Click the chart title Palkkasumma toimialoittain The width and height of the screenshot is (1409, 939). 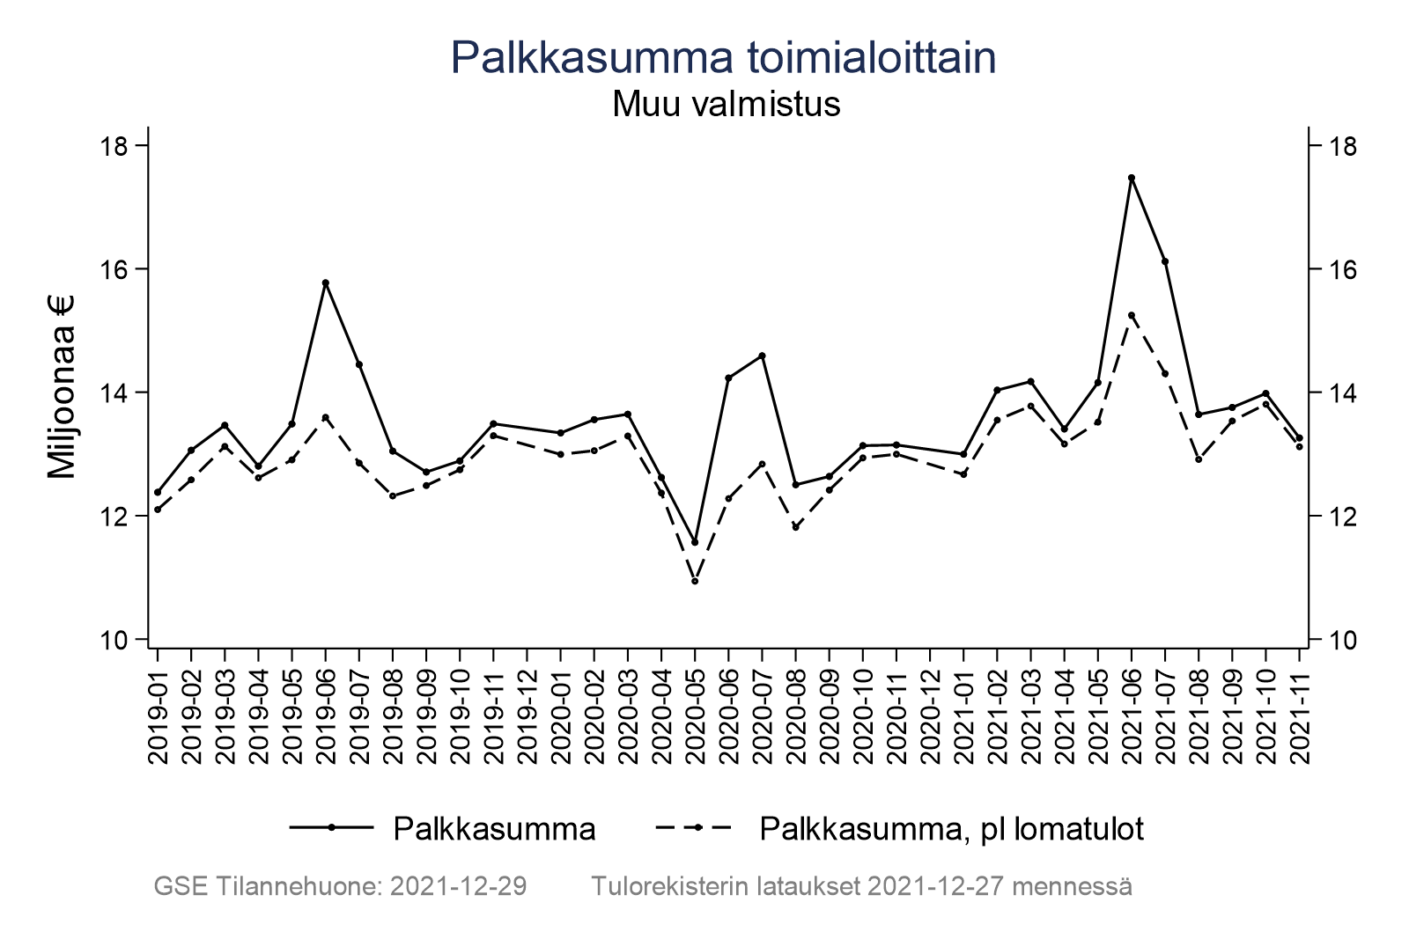tap(723, 58)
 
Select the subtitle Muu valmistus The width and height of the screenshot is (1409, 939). tap(726, 105)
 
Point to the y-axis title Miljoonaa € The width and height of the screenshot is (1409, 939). tap(62, 387)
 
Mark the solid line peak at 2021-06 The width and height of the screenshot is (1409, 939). tap(1132, 178)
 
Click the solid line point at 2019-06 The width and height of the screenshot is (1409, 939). tap(326, 282)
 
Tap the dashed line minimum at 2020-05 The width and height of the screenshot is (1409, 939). tap(695, 581)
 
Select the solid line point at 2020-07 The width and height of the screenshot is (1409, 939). tap(763, 356)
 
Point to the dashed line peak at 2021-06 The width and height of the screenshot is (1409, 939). tap(1132, 315)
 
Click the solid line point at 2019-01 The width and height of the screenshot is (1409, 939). tap(158, 492)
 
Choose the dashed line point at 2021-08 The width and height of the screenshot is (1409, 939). tap(1199, 459)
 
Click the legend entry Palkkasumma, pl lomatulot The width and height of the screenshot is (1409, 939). tap(951, 829)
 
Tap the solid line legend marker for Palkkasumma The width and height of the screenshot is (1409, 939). tap(331, 827)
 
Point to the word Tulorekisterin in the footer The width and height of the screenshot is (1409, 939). tap(669, 886)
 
